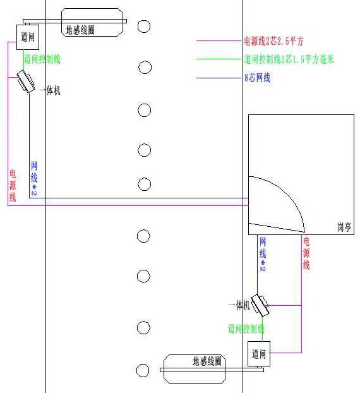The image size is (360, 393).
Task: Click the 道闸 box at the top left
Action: (28, 37)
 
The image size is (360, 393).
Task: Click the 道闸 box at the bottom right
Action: (259, 354)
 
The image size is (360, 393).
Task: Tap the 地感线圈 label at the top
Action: (80, 30)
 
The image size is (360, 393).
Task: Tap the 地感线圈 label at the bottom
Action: (207, 361)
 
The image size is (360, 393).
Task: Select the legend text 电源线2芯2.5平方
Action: (274, 41)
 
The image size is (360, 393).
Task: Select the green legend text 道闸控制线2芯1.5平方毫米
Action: (289, 59)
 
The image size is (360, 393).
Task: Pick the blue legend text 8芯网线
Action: (257, 78)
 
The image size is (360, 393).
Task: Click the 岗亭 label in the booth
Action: (344, 227)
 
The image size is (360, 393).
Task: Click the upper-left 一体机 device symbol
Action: (25, 82)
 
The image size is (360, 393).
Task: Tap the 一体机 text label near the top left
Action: (50, 90)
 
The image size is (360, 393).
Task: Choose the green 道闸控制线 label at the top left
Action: (42, 59)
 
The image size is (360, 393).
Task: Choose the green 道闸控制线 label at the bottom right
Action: (246, 329)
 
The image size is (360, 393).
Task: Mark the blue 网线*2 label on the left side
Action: (34, 178)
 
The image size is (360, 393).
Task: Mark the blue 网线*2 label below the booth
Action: (263, 254)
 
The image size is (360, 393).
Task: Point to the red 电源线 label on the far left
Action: (13, 186)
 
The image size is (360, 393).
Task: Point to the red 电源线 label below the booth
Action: (306, 253)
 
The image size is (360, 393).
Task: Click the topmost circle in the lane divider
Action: (144, 27)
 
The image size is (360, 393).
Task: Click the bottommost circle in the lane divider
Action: (143, 370)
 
